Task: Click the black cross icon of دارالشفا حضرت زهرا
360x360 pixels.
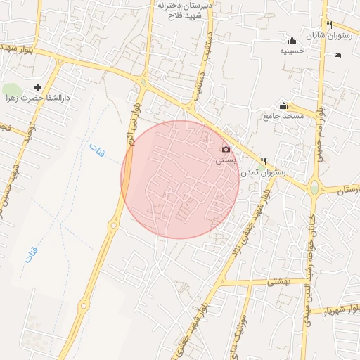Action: point(37,88)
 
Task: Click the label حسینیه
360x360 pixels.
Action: point(292,51)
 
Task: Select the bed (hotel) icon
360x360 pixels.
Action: point(337,55)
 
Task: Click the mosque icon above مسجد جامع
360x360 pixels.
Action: point(284,105)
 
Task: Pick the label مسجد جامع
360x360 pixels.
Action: point(284,115)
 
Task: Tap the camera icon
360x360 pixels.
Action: point(226,149)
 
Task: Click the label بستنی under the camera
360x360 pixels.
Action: point(226,160)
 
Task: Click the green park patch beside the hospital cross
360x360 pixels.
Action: point(12,90)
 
